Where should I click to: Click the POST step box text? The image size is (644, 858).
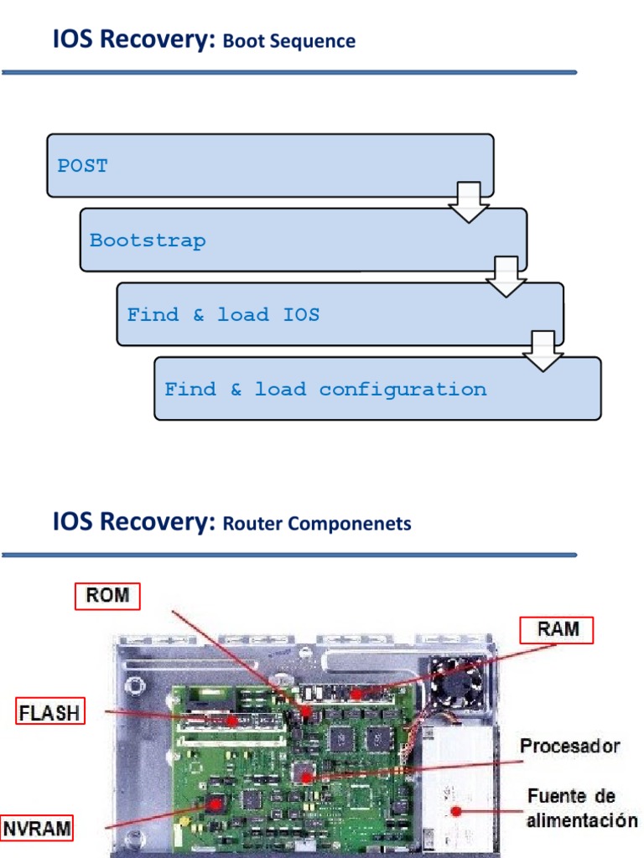point(82,166)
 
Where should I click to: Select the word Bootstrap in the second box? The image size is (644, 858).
point(148,240)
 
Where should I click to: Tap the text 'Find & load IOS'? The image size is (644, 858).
point(223,315)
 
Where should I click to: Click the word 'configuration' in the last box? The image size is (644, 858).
point(402,390)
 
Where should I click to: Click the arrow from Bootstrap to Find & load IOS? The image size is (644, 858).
point(506,277)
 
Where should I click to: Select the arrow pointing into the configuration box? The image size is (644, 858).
point(543,351)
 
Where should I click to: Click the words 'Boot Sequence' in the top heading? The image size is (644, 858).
point(289,41)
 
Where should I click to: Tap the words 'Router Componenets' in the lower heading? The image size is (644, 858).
point(317,525)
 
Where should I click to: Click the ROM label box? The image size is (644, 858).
point(107,596)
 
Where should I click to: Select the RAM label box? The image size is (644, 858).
point(556,630)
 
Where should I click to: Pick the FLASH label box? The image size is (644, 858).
point(50,713)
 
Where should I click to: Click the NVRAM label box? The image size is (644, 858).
point(36,830)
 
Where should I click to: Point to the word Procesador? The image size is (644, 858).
point(569,746)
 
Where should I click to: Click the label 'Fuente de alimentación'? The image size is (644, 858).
point(581,808)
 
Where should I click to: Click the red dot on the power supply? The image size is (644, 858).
point(456,810)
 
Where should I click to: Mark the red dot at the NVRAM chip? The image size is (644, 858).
point(216,804)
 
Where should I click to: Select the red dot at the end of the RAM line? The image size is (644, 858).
point(357,695)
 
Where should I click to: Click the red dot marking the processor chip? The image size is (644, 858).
point(307,778)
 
